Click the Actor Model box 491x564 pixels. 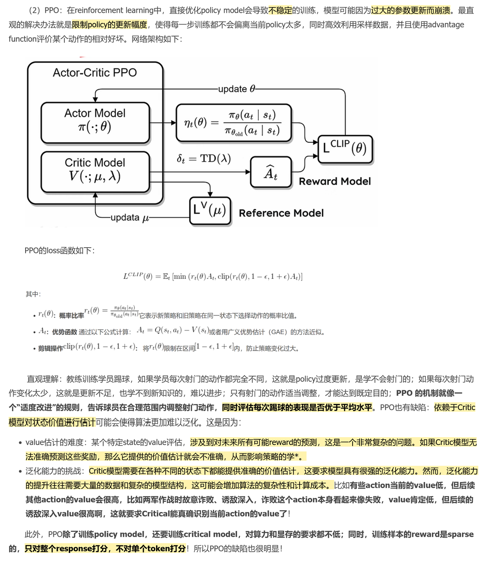pos(95,122)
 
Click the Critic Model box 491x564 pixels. pos(95,172)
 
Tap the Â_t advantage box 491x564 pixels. pos(271,173)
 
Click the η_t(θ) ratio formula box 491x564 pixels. pos(233,123)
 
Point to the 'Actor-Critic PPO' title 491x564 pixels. pos(95,73)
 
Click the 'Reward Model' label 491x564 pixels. pos(335,182)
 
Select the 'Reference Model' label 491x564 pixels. pos(281,213)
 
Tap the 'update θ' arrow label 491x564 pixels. pos(236,89)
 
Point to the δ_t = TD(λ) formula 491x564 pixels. pos(204,159)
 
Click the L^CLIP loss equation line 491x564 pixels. pos(212,277)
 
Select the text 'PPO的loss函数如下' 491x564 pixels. pos(59,251)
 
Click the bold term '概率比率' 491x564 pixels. pos(71,316)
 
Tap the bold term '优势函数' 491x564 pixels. pos(64,332)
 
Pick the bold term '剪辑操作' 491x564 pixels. pos(50,349)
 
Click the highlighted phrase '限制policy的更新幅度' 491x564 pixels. pos(109,25)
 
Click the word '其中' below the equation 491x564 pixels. pos(33,294)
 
